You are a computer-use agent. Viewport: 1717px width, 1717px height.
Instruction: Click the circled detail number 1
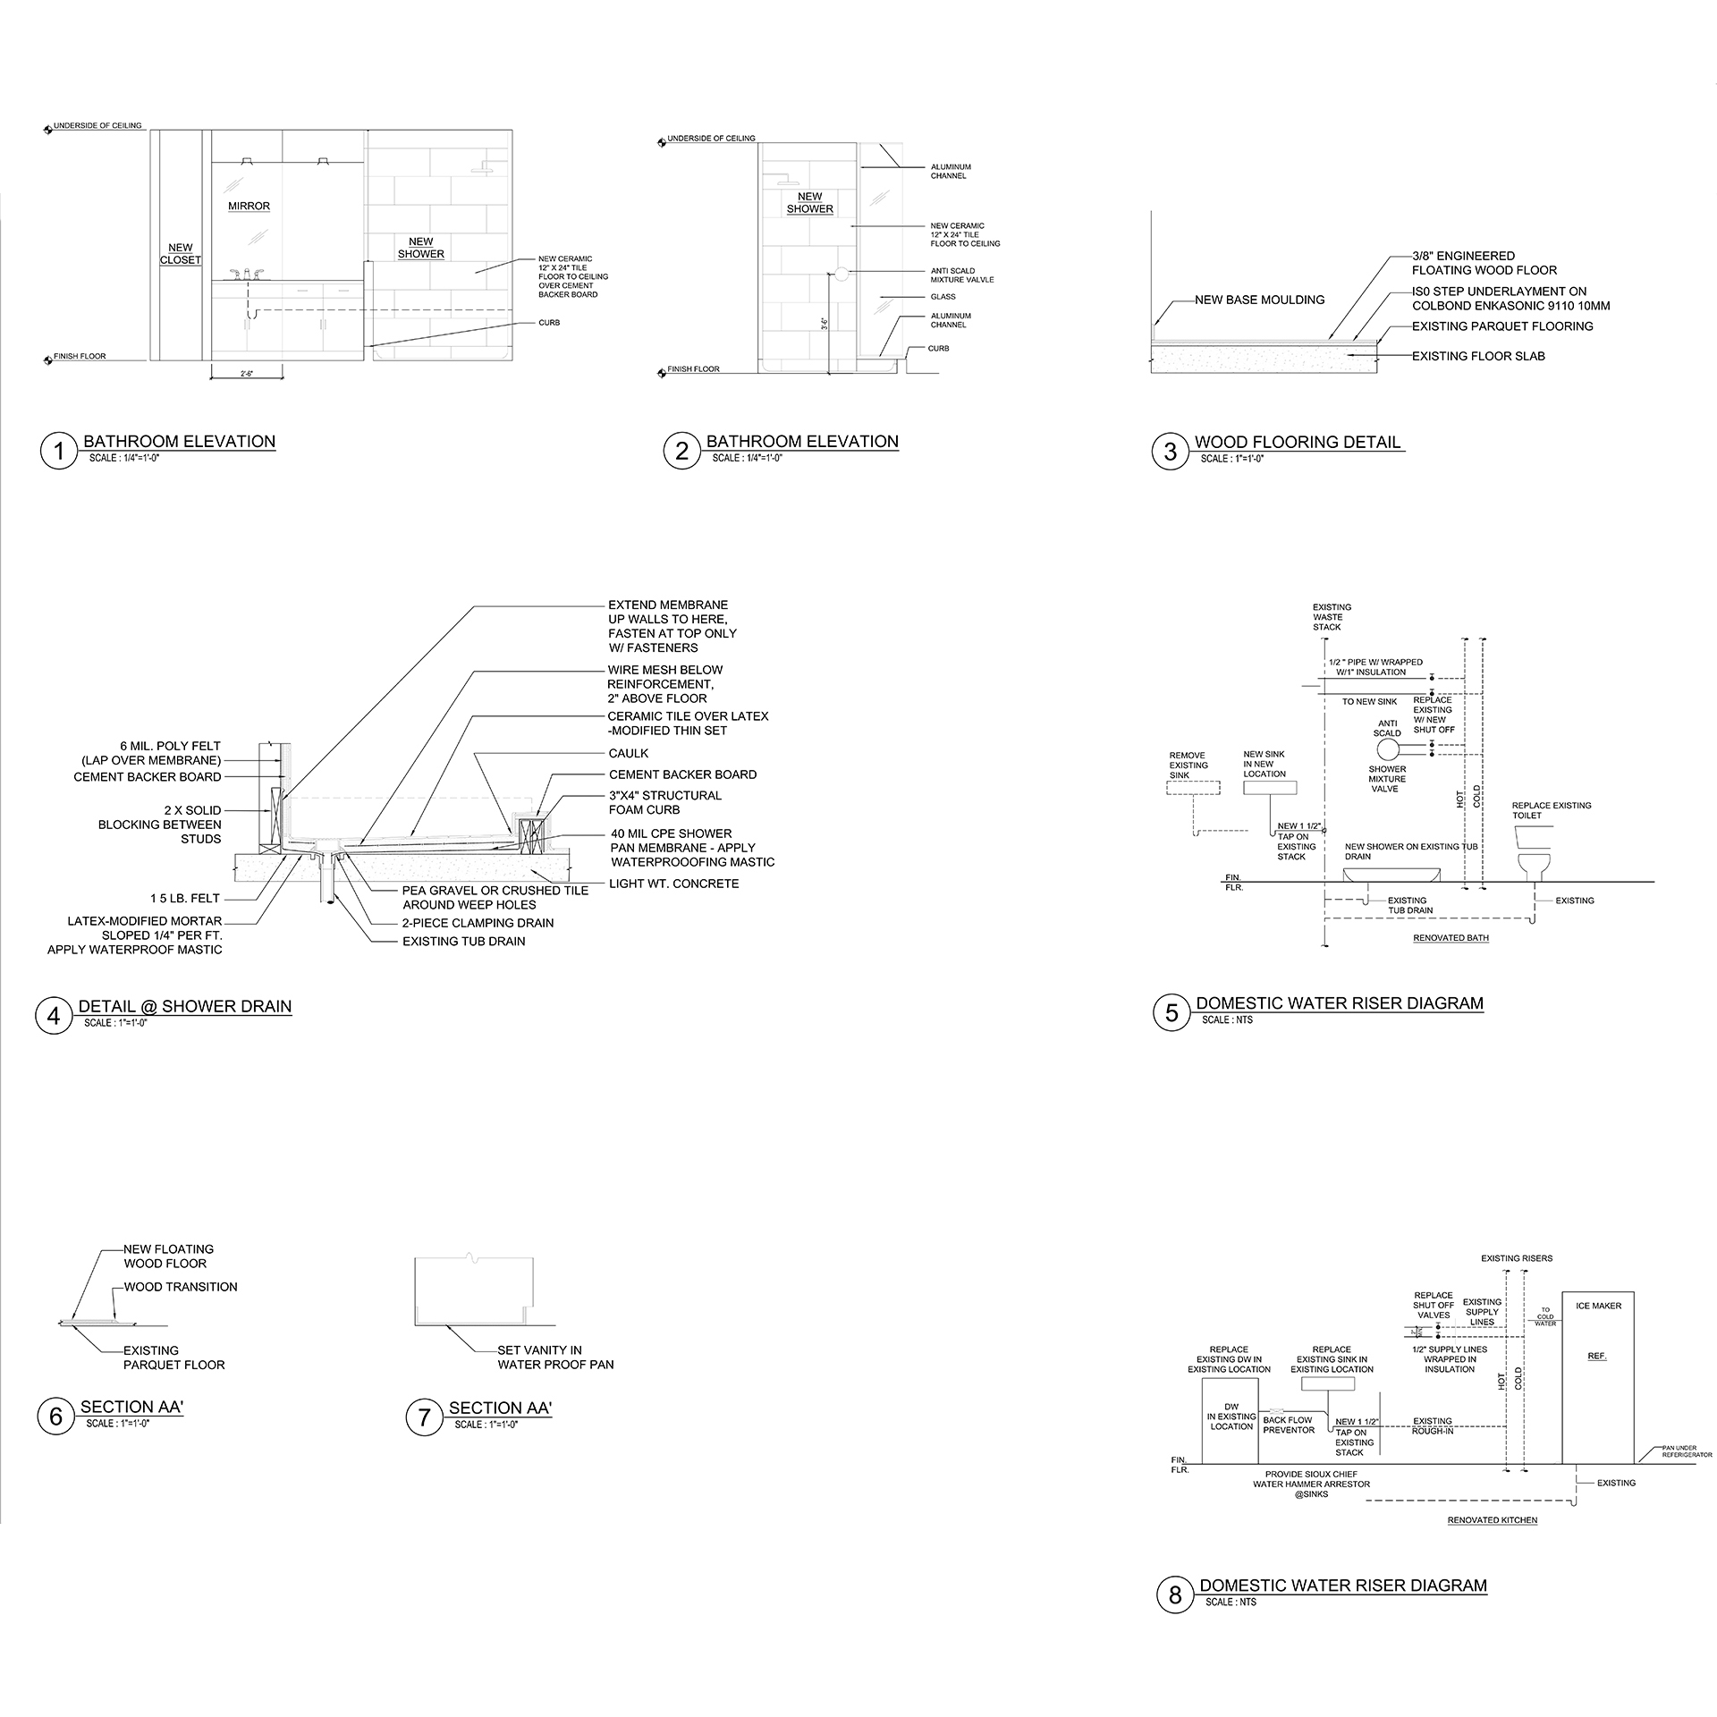click(59, 451)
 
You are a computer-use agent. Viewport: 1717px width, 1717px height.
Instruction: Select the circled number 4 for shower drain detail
click(54, 1016)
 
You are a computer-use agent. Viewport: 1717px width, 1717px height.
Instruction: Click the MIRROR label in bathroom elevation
click(249, 207)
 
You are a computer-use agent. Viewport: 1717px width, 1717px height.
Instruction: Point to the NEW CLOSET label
click(181, 254)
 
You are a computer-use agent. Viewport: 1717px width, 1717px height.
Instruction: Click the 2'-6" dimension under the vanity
click(247, 374)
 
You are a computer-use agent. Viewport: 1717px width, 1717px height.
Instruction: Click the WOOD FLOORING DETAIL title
click(1297, 443)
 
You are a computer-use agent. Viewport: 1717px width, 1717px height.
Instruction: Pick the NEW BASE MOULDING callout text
click(1259, 300)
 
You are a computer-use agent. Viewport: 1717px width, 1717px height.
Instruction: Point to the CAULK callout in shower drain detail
click(629, 754)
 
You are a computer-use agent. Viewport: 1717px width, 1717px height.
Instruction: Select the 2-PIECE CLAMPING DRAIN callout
click(478, 923)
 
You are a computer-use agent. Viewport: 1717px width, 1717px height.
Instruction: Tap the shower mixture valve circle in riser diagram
click(1387, 749)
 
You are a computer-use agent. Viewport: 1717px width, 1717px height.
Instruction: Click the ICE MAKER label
click(1599, 1307)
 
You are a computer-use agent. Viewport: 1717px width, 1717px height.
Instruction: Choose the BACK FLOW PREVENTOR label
click(1289, 1425)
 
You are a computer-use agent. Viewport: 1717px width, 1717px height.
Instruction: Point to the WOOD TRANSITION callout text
click(181, 1288)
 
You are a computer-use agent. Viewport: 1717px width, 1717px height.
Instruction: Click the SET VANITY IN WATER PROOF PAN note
click(555, 1358)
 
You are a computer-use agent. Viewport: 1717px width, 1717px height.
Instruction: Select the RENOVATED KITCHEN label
click(1493, 1520)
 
